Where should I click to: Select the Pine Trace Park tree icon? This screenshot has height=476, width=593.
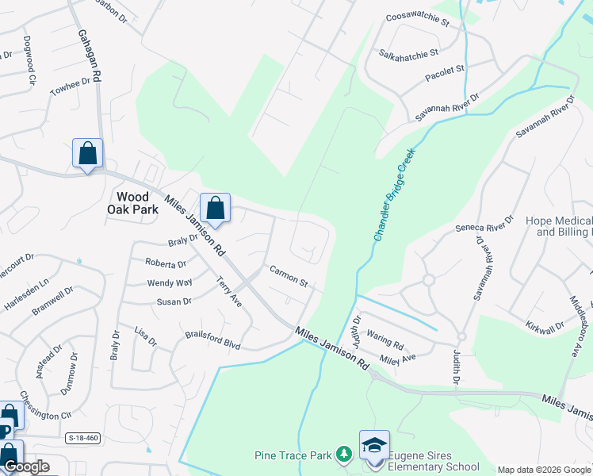pos(343,454)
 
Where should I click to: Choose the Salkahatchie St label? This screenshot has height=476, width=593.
pos(408,53)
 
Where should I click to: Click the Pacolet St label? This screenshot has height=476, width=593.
pos(445,71)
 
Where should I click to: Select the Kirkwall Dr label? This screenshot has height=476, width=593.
pos(544,326)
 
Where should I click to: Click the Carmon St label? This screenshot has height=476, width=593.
pos(288,276)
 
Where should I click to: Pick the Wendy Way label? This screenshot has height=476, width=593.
pos(170,282)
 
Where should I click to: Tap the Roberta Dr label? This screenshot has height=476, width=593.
pos(165,263)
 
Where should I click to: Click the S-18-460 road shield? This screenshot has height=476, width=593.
pos(82,437)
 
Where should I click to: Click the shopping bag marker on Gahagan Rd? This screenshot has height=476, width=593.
pos(87,153)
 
